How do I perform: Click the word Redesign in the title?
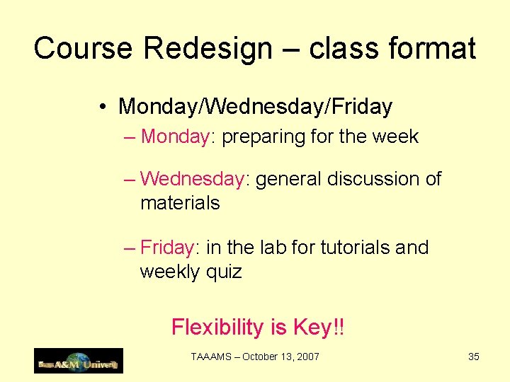(x=208, y=49)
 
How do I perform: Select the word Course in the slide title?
(x=84, y=49)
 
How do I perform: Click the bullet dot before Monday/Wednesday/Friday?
(x=103, y=107)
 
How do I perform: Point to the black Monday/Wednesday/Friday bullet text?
(x=255, y=107)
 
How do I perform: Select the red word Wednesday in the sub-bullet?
(x=192, y=179)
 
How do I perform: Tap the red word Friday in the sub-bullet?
(x=167, y=248)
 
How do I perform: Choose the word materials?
(x=180, y=203)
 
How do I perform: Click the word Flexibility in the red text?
(x=217, y=328)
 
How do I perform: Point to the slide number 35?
(x=474, y=357)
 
